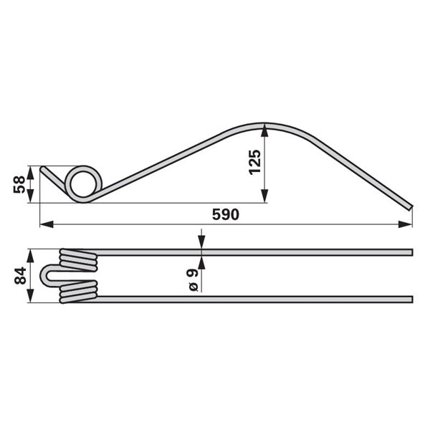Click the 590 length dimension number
[x=226, y=215]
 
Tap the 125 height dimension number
[x=254, y=162]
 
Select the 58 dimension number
[x=19, y=185]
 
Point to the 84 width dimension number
[x=20, y=276]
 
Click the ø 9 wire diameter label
[x=192, y=280]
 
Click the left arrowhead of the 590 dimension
[x=47, y=224]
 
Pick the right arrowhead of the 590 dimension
[x=405, y=224]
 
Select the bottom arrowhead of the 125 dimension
[x=264, y=196]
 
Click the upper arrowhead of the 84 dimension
[x=30, y=256]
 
